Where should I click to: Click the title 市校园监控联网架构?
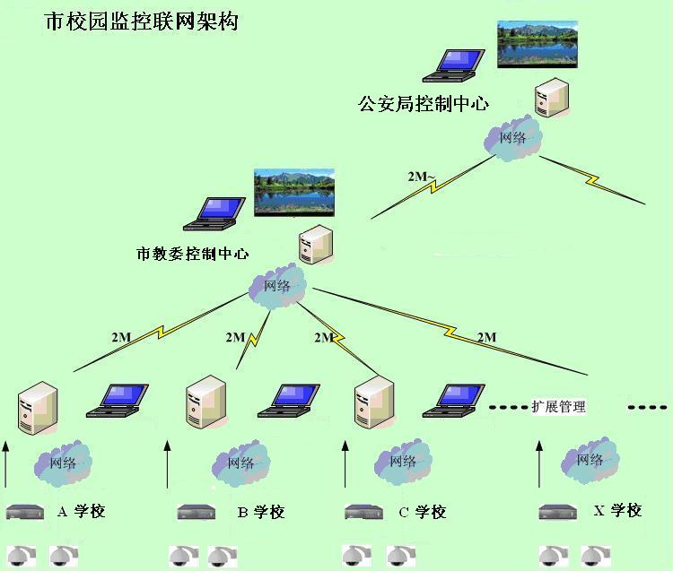(x=141, y=22)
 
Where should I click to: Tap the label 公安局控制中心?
(x=424, y=103)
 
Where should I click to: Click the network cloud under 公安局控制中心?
(x=511, y=138)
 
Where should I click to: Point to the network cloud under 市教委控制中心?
(x=277, y=286)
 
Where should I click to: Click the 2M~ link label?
(x=421, y=176)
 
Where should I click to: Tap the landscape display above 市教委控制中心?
(x=293, y=191)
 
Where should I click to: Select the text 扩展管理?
(x=558, y=407)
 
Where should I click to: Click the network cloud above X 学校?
(x=589, y=460)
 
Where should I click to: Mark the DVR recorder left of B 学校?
(x=197, y=512)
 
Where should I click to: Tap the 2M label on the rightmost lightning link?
(x=486, y=338)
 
